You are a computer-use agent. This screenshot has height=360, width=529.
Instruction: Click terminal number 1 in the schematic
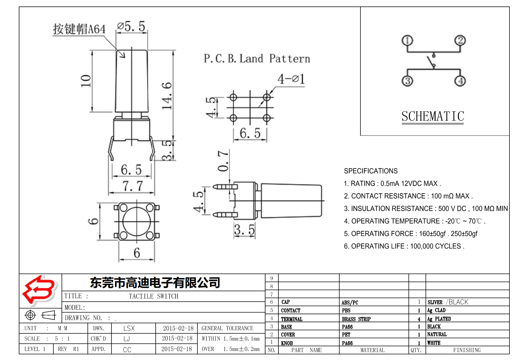click(x=407, y=41)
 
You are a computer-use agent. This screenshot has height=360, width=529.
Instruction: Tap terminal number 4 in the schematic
click(x=460, y=81)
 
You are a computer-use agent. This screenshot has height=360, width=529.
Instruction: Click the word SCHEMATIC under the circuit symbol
click(x=433, y=116)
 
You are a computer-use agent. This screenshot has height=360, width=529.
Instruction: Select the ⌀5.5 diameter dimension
click(x=131, y=27)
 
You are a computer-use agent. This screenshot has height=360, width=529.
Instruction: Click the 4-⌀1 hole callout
click(x=291, y=79)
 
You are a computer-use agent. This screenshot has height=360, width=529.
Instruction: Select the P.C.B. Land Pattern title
click(x=257, y=59)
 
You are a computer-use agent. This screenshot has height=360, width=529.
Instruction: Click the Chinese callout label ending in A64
click(x=79, y=29)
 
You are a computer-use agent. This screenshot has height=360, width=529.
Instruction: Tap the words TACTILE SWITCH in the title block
click(x=153, y=296)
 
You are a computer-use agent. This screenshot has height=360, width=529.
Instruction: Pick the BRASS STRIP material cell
click(x=356, y=319)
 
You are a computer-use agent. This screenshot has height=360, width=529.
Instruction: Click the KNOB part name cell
click(x=287, y=343)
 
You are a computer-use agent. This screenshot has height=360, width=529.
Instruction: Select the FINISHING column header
click(x=467, y=350)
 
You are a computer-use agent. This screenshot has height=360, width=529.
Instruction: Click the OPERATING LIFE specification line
click(x=404, y=246)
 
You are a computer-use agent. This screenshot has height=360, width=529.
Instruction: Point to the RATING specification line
click(x=392, y=184)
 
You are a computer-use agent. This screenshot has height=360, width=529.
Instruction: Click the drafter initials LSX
click(x=129, y=328)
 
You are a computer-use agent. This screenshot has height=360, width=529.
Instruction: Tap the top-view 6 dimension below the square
click(x=137, y=253)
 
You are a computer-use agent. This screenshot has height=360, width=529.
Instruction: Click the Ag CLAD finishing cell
click(x=436, y=310)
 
